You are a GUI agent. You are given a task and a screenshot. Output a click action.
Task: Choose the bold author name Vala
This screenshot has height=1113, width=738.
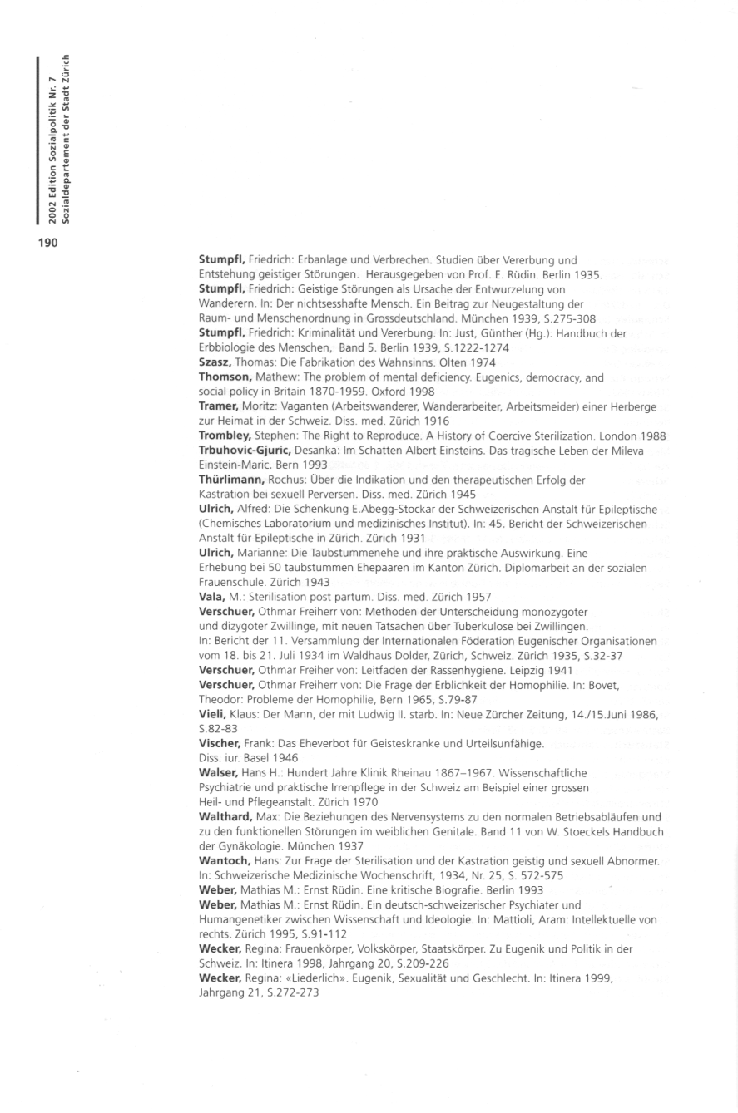point(211,598)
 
